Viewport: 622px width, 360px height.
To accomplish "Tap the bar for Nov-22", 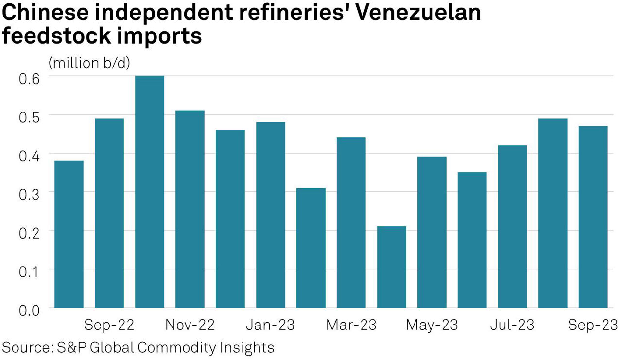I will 190,209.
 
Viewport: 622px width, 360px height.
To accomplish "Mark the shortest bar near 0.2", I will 391,267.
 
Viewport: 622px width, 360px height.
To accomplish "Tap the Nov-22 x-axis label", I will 190,325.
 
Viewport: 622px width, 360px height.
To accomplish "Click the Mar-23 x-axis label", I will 351,325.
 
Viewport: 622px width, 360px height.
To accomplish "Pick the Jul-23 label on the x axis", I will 512,325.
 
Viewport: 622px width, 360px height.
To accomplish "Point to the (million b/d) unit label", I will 89,63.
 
